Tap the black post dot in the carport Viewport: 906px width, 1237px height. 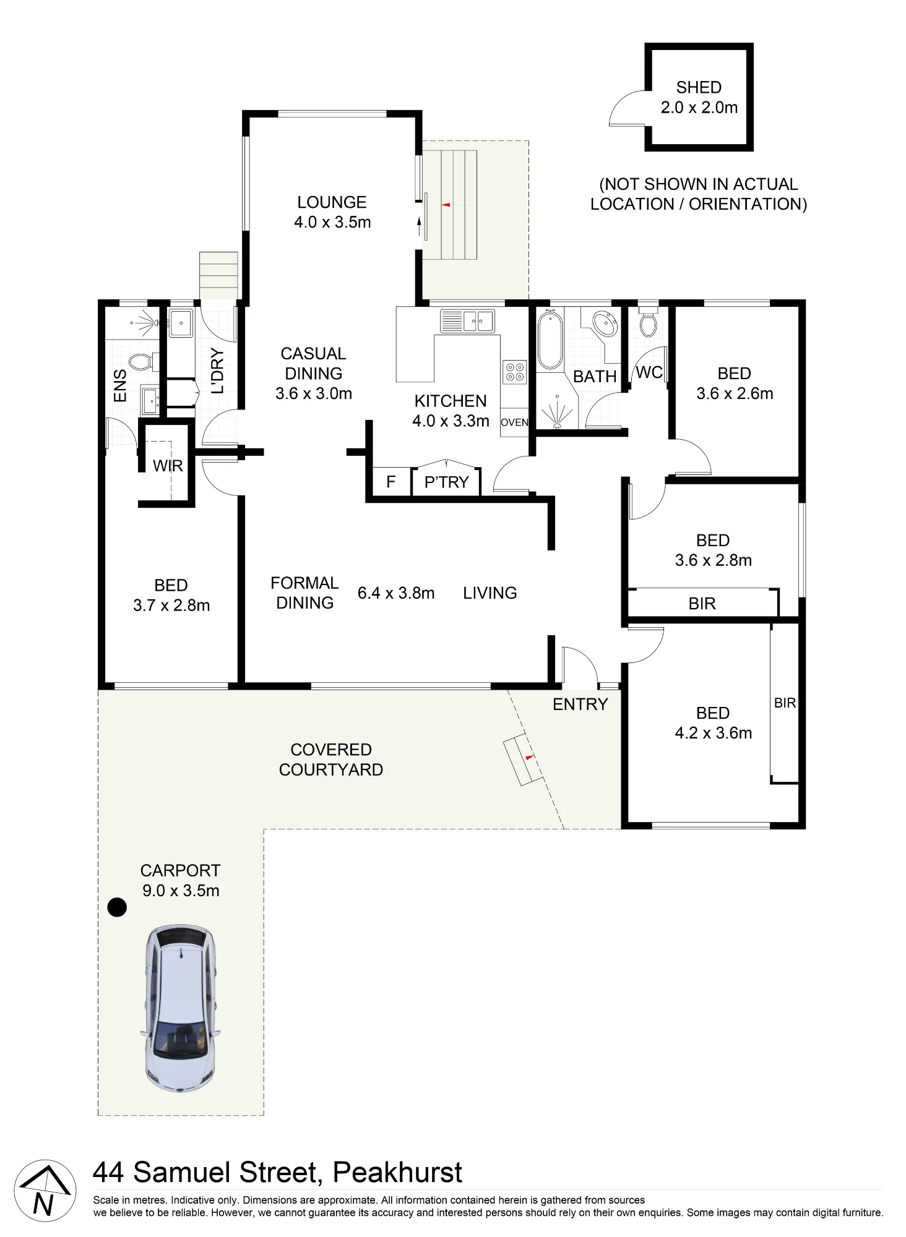(x=117, y=907)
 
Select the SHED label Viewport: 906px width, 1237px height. (x=699, y=87)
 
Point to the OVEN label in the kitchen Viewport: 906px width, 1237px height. (x=514, y=422)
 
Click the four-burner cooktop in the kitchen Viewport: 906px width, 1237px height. (x=515, y=372)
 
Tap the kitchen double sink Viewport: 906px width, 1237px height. (x=468, y=320)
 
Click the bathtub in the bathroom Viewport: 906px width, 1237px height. (x=549, y=341)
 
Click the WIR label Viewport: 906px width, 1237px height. (x=168, y=466)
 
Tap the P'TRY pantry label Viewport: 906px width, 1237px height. (x=447, y=482)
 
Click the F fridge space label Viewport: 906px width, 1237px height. (x=390, y=482)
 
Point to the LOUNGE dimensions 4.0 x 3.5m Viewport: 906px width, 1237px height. (x=332, y=222)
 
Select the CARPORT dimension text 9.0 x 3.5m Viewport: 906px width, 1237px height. (x=181, y=891)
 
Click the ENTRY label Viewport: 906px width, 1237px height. (x=580, y=704)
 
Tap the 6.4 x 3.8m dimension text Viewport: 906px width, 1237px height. (x=396, y=593)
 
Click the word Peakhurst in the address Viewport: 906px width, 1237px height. (x=397, y=1173)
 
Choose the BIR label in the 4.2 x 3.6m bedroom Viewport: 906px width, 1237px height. (x=785, y=703)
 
